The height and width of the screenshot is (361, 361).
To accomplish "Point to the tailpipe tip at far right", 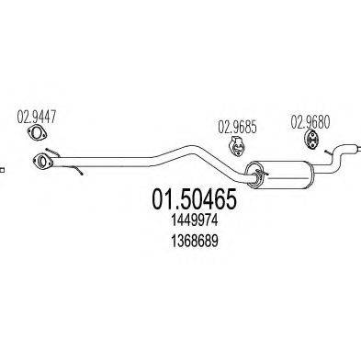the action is tap(352, 148).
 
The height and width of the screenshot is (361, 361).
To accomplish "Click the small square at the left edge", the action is tap(2, 168).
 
